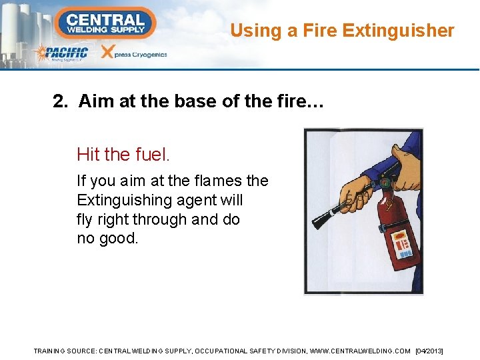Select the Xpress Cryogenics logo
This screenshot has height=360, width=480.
(x=133, y=53)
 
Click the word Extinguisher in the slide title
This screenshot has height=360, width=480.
(x=398, y=31)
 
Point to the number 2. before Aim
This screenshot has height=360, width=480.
(x=61, y=101)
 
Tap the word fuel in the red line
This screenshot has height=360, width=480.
(x=151, y=155)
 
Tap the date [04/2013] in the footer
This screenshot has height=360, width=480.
(x=429, y=351)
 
